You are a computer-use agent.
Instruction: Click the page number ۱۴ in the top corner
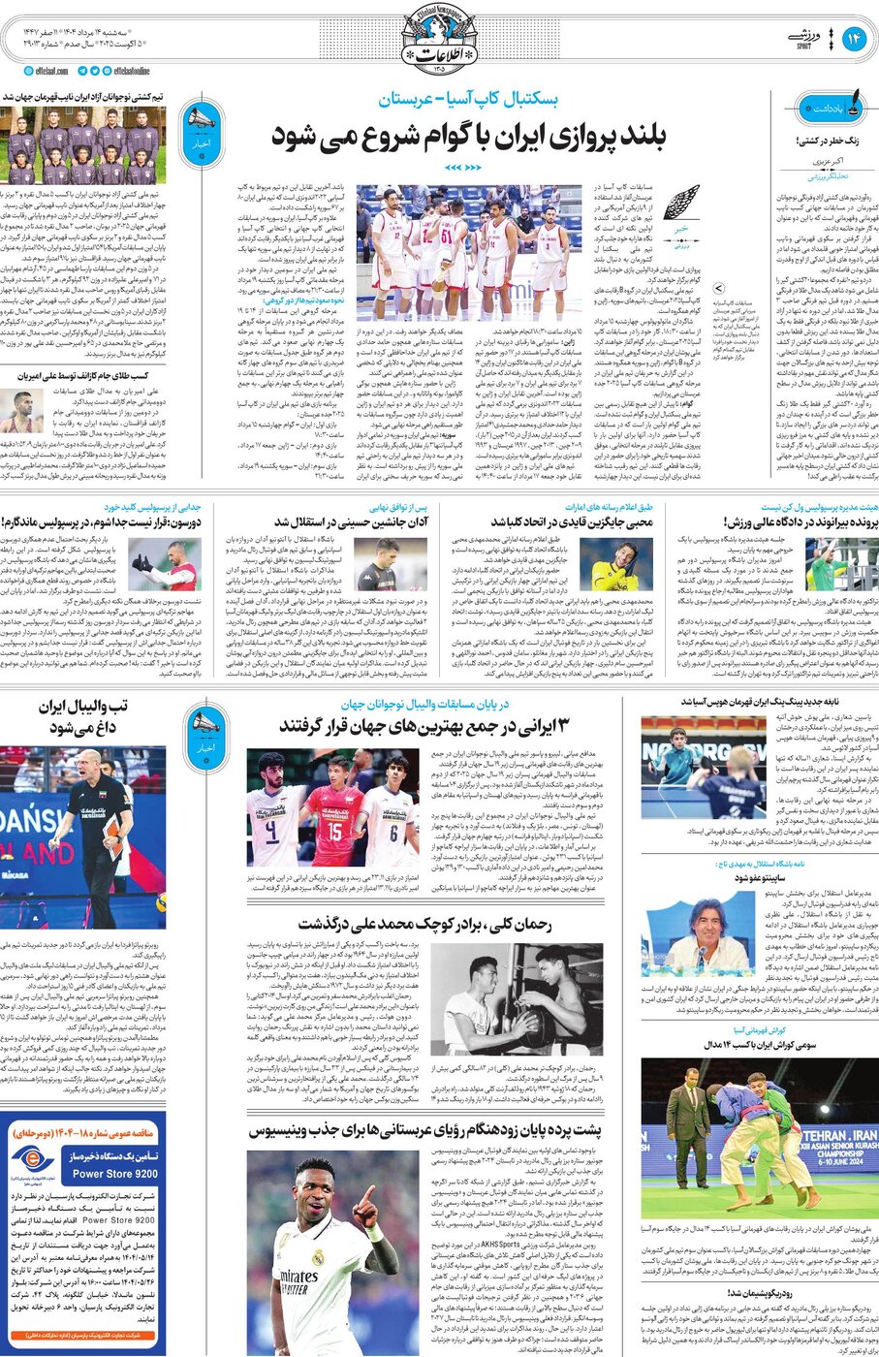[853, 38]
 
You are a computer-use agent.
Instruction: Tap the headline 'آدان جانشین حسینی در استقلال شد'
[352, 521]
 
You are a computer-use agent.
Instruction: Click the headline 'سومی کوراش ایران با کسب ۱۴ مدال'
[775, 1045]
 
